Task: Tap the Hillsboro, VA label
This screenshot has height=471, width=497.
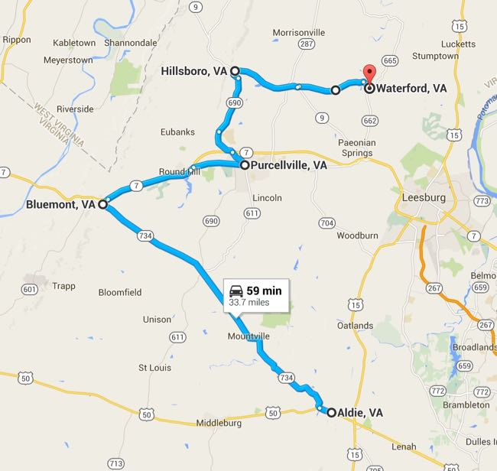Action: [x=194, y=71]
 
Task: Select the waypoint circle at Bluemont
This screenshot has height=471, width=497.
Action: [x=102, y=204]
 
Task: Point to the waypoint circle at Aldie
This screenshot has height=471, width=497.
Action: [x=331, y=412]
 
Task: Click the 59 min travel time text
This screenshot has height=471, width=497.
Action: [x=264, y=291]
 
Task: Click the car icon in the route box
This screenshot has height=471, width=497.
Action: [x=236, y=291]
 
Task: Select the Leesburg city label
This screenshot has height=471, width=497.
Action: [x=423, y=198]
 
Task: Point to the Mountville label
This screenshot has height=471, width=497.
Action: [x=248, y=336]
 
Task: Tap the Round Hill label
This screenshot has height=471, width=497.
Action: [x=179, y=171]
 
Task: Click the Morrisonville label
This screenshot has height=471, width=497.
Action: [x=299, y=32]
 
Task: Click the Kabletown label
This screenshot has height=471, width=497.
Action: [x=70, y=43]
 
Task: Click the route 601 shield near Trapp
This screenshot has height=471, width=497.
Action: [x=30, y=289]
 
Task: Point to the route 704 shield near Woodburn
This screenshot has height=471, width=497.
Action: [x=327, y=223]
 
